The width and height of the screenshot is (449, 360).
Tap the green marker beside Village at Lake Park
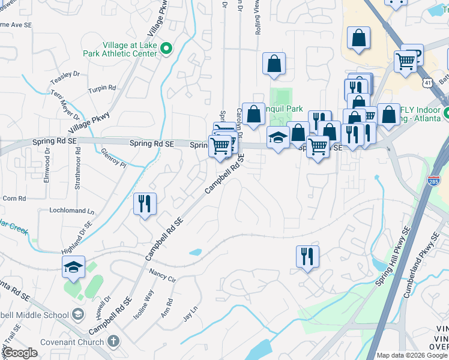(167, 49)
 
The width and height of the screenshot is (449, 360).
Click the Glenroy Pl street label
(114, 158)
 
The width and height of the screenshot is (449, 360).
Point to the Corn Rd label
(14, 198)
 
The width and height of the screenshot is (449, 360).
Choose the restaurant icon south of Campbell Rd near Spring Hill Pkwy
(307, 256)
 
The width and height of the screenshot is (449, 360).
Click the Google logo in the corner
(20, 353)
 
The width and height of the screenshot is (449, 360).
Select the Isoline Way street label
(145, 303)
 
